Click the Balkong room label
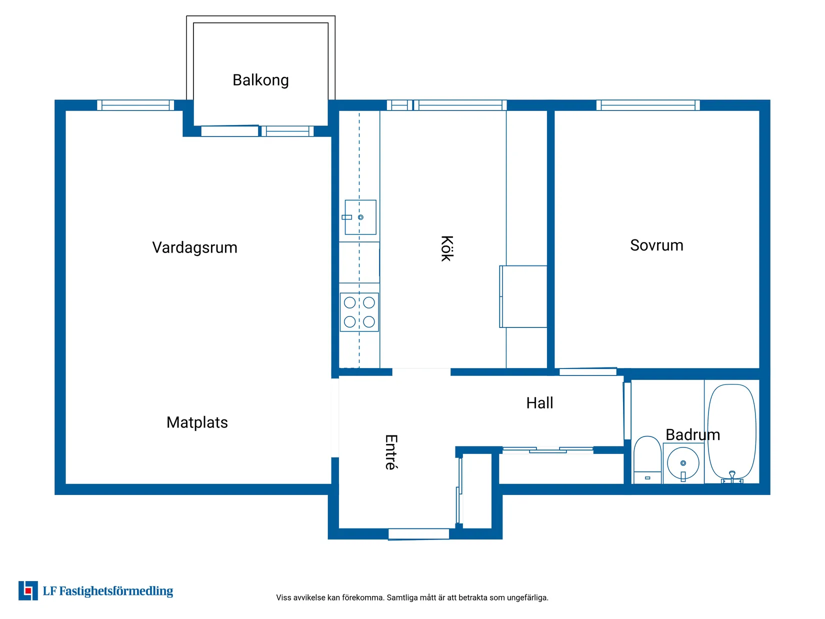[x=260, y=80]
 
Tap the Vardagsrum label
[x=194, y=247]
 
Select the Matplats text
[x=197, y=422]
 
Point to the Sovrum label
[x=656, y=245]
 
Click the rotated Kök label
[x=446, y=248]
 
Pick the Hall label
[x=539, y=403]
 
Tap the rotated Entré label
[x=391, y=452]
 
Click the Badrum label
[x=692, y=434]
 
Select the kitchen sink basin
[x=360, y=217]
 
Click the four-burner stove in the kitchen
[x=359, y=312]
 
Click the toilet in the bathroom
[x=647, y=457]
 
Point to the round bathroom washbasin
[x=683, y=463]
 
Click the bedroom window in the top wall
[x=648, y=105]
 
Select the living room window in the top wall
[x=135, y=105]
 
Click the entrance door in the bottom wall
[x=418, y=534]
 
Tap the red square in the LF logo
[x=28, y=591]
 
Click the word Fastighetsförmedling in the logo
[x=116, y=591]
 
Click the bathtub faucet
[x=732, y=475]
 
